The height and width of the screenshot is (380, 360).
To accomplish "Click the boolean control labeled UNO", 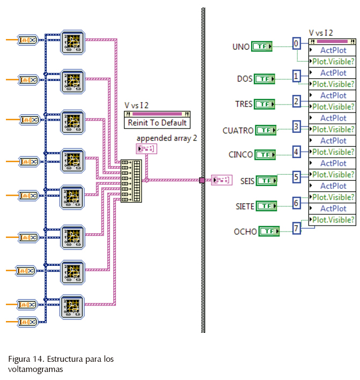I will coord(262,47).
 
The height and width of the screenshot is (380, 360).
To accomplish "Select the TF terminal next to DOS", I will coord(264,79).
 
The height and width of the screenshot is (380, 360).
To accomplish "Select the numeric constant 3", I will coord(297,127).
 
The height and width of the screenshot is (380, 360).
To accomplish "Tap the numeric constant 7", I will coord(297,229).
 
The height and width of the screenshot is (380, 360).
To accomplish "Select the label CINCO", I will coord(240,155).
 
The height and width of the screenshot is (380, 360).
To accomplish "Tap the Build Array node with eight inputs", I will coord(132,181).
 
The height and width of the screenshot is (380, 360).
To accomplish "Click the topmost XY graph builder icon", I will coord(72,41).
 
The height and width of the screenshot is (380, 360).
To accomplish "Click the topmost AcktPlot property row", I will coord(333,50).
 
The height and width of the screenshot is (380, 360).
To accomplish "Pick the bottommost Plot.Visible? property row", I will coord(333,220).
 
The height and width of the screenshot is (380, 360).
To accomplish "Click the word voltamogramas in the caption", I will coord(35,369).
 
